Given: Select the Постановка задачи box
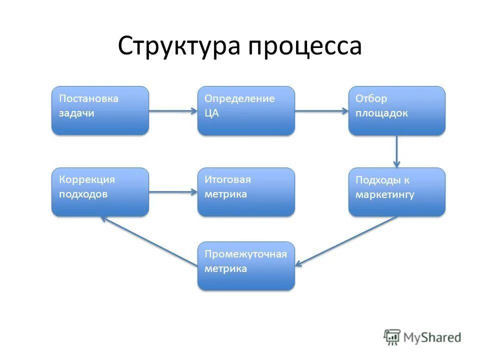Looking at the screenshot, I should pyautogui.click(x=100, y=110).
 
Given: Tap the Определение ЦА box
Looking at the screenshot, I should pyautogui.click(x=246, y=110).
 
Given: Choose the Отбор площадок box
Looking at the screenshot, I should pyautogui.click(x=396, y=110).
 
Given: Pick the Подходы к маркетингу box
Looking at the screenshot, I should pyautogui.click(x=396, y=192).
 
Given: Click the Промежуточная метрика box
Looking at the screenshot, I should pyautogui.click(x=246, y=266).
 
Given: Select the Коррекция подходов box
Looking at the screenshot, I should pyautogui.click(x=100, y=192).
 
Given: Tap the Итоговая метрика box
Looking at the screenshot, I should pyautogui.click(x=246, y=192).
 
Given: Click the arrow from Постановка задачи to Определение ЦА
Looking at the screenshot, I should pyautogui.click(x=173, y=111).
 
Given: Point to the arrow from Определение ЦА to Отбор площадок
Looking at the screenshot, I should pyautogui.click(x=321, y=111).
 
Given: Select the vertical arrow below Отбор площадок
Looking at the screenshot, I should pyautogui.click(x=396, y=151).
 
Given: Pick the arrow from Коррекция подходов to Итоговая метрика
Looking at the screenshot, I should pyautogui.click(x=173, y=192).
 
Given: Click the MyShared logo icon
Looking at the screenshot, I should pyautogui.click(x=392, y=337).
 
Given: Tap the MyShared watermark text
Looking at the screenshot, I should pyautogui.click(x=432, y=338).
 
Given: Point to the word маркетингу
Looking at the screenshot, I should pyautogui.click(x=384, y=195).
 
